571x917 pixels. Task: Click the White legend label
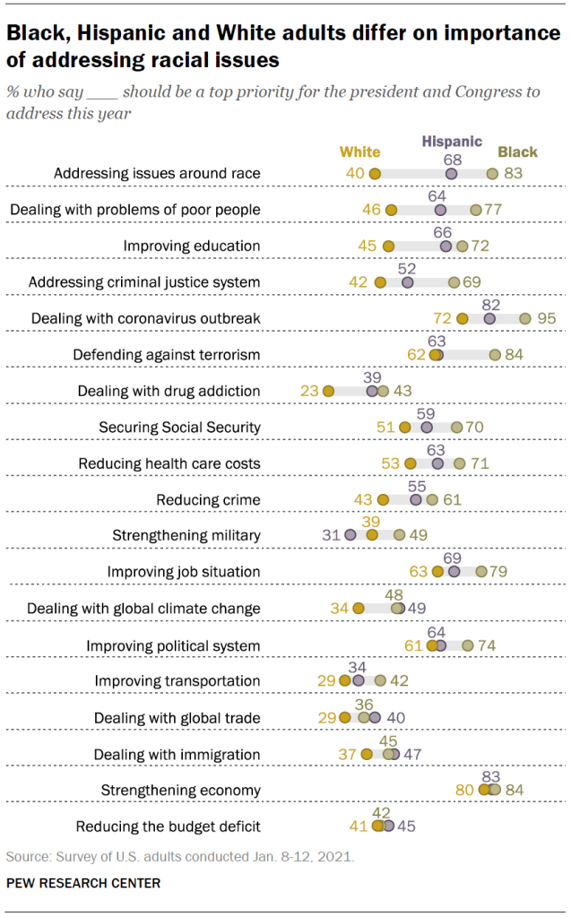(360, 152)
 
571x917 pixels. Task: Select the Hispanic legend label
(452, 142)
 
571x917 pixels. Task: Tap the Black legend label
(518, 152)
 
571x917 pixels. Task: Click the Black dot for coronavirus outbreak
(525, 318)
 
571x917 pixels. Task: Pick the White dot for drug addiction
(328, 391)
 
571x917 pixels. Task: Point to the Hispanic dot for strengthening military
(350, 535)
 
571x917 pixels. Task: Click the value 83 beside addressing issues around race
(513, 173)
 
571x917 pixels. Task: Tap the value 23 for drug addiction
(310, 391)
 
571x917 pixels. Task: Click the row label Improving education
(192, 246)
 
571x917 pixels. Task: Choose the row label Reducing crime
(208, 499)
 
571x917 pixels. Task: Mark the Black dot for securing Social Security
(457, 427)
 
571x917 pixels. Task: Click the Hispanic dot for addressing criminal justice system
(408, 282)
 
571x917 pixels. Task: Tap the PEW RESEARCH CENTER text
(83, 883)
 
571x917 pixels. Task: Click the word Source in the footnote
(24, 856)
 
